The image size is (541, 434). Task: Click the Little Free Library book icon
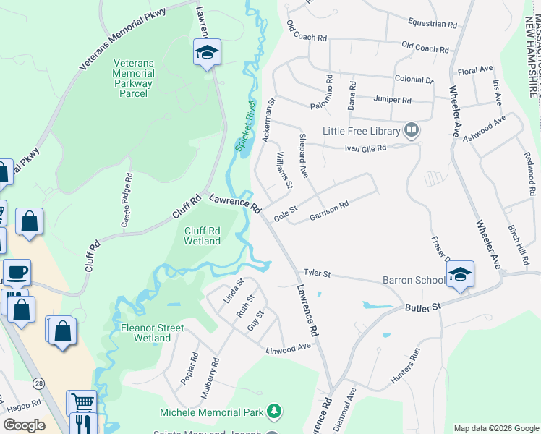[412, 131]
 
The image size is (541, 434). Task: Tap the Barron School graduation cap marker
[459, 274]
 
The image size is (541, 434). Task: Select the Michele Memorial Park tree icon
[274, 412]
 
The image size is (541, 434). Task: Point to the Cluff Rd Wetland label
[202, 236]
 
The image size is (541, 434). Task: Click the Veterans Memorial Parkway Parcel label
[133, 78]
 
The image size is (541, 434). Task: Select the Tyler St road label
[317, 274]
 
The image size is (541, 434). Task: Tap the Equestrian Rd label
[433, 24]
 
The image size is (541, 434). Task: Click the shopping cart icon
[82, 401]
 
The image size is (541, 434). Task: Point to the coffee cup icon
[17, 272]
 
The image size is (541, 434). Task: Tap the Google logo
[24, 425]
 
